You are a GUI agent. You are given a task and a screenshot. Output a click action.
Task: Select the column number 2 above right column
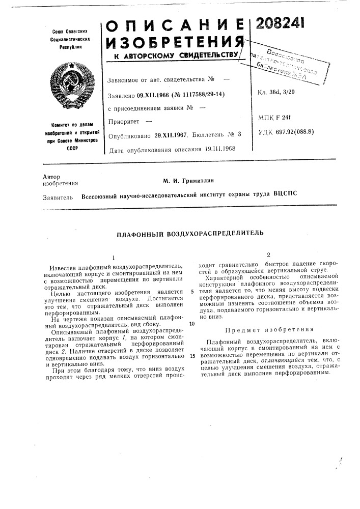click(267, 254)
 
